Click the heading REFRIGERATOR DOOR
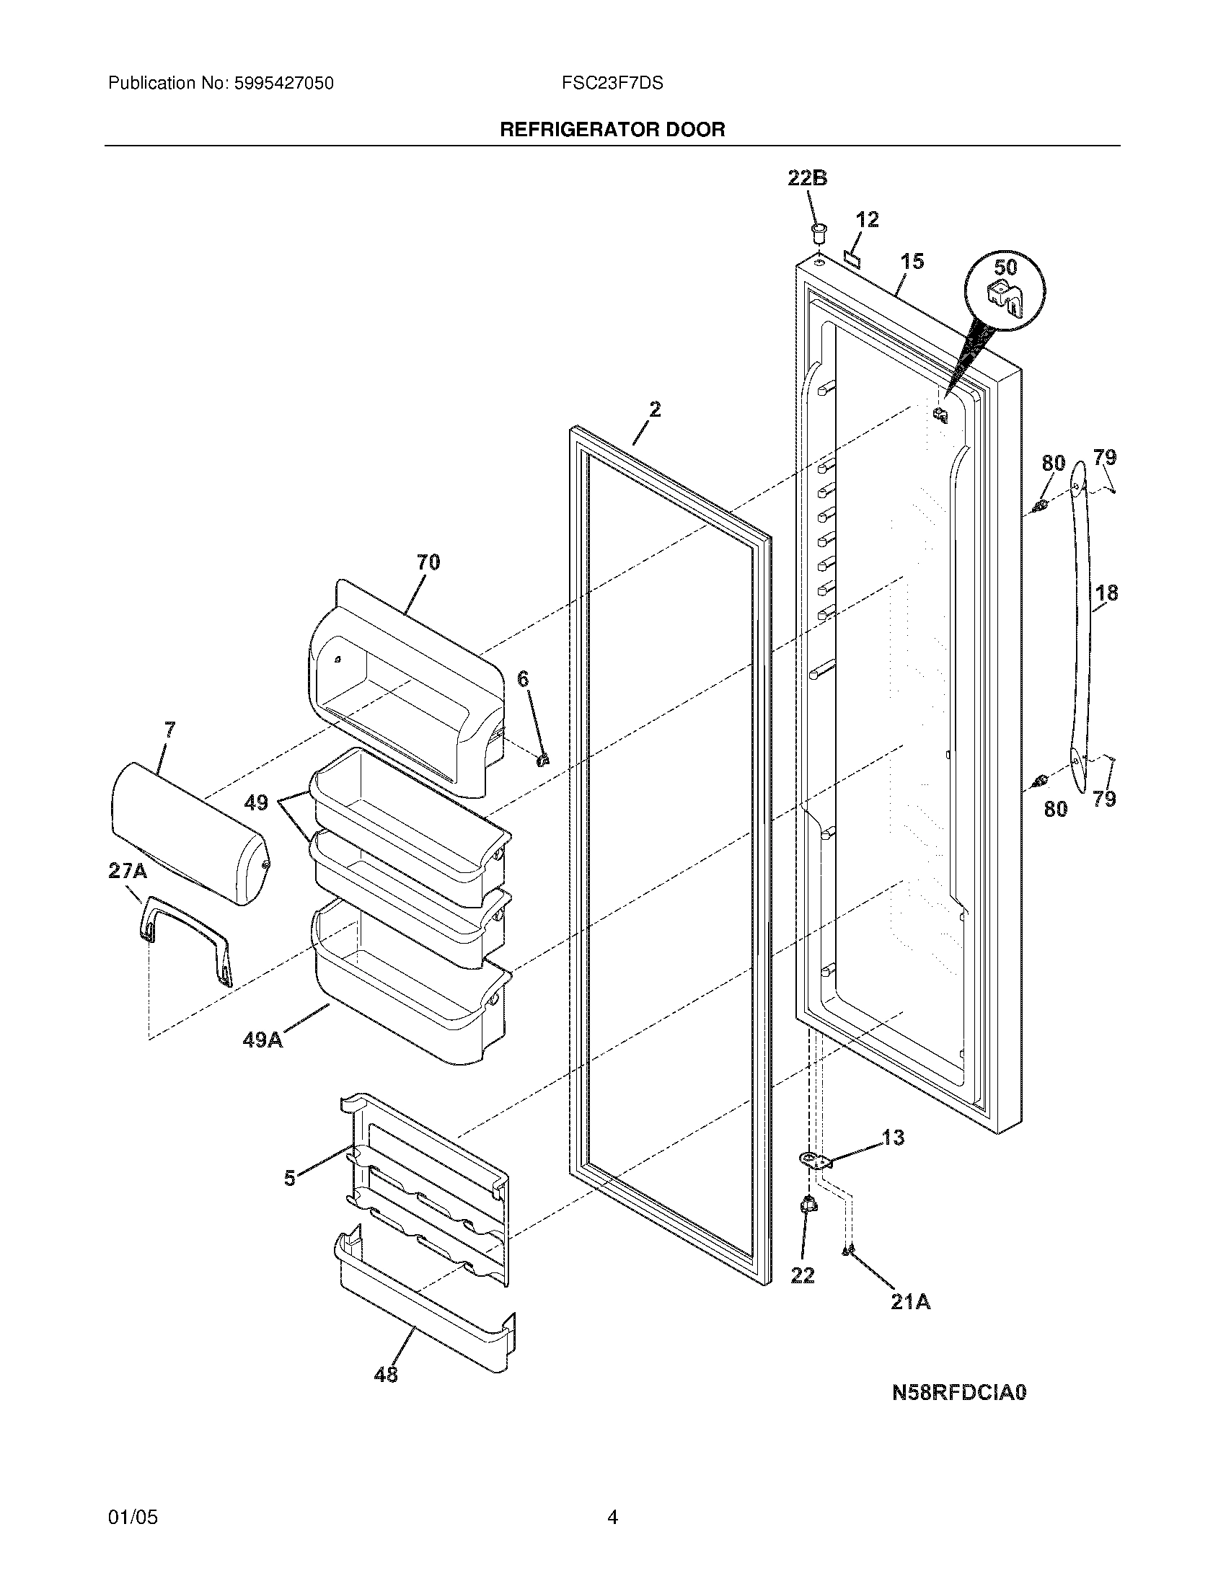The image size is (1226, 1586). [612, 130]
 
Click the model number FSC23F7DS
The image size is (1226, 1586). [612, 84]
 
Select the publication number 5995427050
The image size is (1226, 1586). [284, 84]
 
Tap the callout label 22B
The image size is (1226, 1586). [808, 179]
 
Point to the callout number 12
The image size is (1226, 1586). [867, 219]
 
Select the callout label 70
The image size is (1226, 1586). [428, 562]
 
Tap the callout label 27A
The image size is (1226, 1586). [128, 871]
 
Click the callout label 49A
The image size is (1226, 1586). [263, 1040]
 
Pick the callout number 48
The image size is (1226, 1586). [386, 1374]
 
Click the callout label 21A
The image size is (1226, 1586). [911, 1302]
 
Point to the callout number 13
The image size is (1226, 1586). [893, 1137]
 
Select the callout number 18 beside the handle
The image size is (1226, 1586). [1106, 593]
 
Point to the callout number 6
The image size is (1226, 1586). [523, 679]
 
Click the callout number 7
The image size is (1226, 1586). [169, 730]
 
